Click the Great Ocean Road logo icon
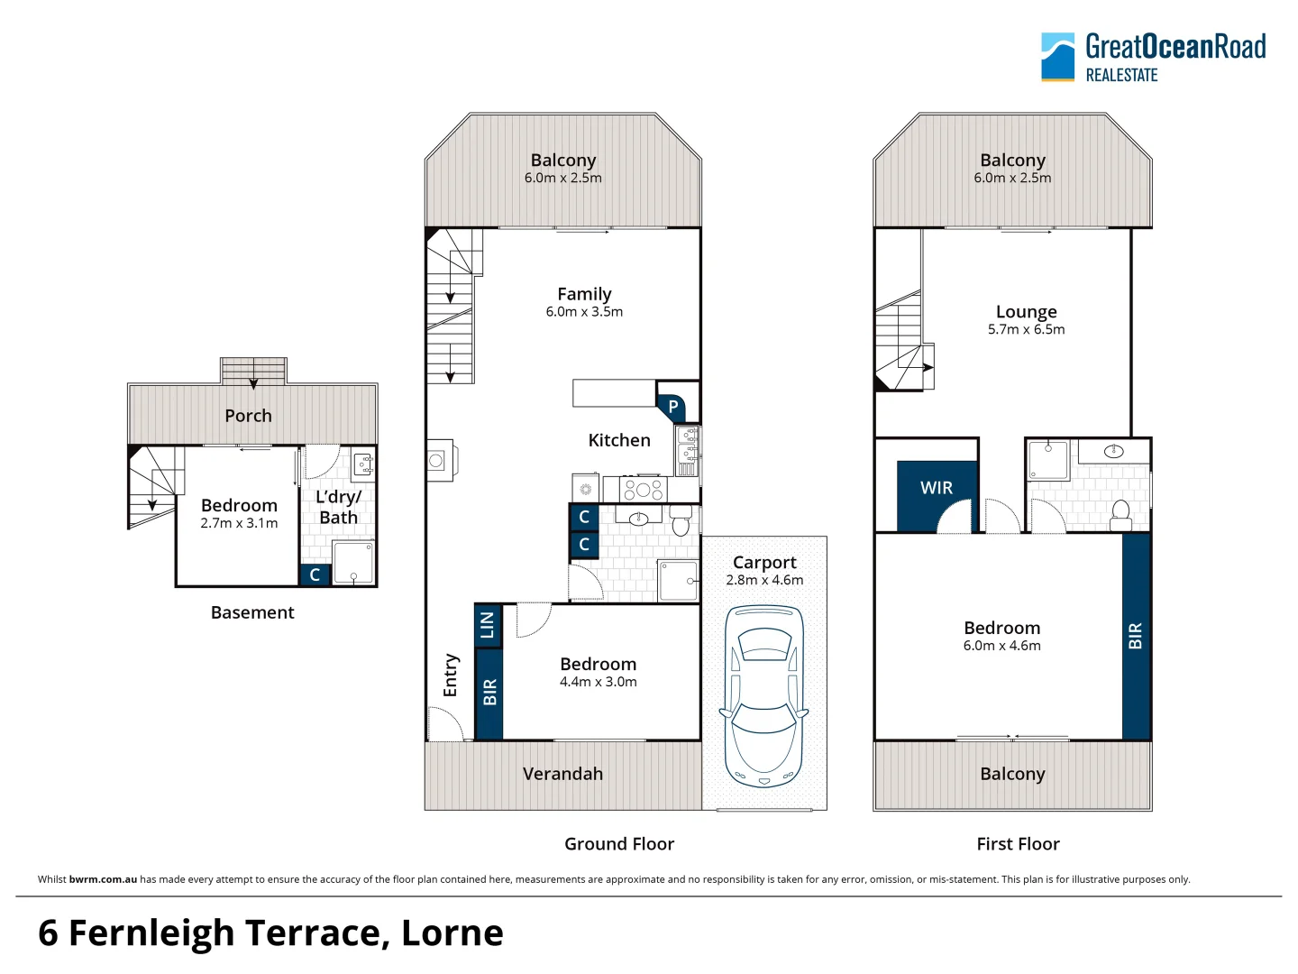coord(1057,57)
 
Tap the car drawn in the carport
coord(764,695)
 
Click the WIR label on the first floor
coord(937,487)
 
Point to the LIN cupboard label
coord(488,625)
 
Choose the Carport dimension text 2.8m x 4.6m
coord(764,580)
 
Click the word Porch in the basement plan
coord(249,416)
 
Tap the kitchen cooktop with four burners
coord(644,489)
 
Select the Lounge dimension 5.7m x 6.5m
coord(1026,329)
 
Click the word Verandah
coord(562,774)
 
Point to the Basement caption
coord(252,612)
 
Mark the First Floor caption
coord(1018,843)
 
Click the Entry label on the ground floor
coord(451,675)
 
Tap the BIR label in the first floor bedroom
coord(1135,636)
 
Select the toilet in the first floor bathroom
coord(1121,514)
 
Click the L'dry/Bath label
coord(338,507)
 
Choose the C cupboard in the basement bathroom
coord(315,574)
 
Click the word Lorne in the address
coord(452,933)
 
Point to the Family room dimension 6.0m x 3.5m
coord(584,312)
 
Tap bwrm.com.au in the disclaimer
coord(103,879)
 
